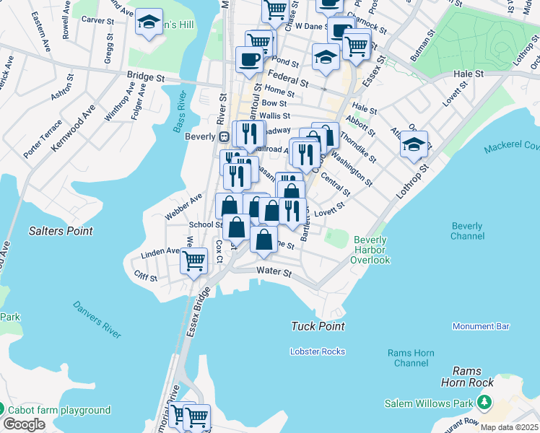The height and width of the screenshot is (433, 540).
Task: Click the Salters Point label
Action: click(x=61, y=231)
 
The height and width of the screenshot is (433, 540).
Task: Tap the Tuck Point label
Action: click(x=318, y=326)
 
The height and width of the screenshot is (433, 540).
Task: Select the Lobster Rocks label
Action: click(x=317, y=351)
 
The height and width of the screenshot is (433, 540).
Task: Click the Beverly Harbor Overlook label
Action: click(x=371, y=250)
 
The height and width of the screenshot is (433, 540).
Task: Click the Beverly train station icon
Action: click(x=225, y=136)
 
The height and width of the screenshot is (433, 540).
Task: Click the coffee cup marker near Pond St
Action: click(x=250, y=59)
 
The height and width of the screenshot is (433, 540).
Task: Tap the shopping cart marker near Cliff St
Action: click(x=193, y=261)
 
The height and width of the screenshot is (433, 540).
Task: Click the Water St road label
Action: click(x=274, y=273)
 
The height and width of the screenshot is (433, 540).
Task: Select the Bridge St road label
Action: click(x=146, y=75)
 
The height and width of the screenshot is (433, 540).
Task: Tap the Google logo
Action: click(x=24, y=424)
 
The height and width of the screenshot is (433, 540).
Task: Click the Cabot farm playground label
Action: click(x=59, y=410)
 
